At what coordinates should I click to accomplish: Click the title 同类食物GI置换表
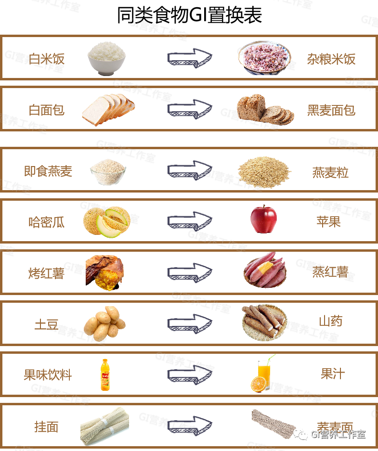[x=189, y=15]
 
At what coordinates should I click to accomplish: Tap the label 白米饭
[x=47, y=59]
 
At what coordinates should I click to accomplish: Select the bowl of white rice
[x=106, y=58]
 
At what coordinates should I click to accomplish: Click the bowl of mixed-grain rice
[x=264, y=58]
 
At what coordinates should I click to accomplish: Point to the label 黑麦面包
[x=331, y=110]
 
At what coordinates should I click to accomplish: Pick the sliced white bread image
[x=108, y=110]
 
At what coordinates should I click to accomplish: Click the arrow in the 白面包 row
[x=190, y=109]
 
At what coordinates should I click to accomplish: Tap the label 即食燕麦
[x=48, y=171]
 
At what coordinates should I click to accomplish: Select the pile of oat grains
[x=264, y=172]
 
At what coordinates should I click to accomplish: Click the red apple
[x=263, y=219]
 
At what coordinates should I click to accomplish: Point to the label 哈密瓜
[x=47, y=222]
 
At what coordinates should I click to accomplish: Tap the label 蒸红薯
[x=330, y=272]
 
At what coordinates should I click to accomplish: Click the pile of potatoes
[x=104, y=323]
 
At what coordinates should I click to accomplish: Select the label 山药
[x=331, y=321]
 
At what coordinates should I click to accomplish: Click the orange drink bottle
[x=105, y=375]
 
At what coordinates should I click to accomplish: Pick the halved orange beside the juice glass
[x=259, y=384]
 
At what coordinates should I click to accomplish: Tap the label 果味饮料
[x=48, y=375]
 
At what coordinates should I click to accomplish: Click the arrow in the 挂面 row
[x=190, y=425]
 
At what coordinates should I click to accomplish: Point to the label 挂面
[x=46, y=426]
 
